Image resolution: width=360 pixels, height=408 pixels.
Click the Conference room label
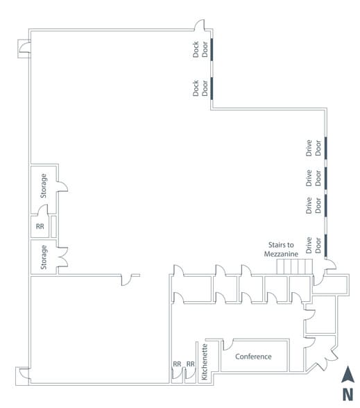coord(253,357)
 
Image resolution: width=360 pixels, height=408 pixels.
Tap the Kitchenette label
coord(205,362)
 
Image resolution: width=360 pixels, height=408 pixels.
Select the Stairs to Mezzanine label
coord(281,249)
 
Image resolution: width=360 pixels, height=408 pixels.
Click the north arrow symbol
coord(348,374)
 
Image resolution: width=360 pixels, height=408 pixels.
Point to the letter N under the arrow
coord(348,394)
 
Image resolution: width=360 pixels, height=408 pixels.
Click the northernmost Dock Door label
coord(200,49)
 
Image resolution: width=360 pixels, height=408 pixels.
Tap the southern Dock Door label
coord(200,88)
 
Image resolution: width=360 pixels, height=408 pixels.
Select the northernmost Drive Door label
coord(314,148)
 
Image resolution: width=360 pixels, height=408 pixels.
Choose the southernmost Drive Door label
coord(314,245)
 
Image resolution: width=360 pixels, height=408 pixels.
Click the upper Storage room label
coord(44,186)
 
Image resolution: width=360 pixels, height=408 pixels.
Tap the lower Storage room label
coord(44,257)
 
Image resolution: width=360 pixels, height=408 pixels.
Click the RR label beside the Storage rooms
coord(40,226)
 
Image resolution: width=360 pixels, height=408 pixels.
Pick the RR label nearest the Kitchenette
coord(190,364)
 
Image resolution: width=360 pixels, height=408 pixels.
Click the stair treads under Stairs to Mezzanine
coord(294,266)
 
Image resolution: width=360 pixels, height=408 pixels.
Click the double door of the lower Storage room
coord(62,257)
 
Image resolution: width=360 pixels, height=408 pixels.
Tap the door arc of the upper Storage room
coord(62,187)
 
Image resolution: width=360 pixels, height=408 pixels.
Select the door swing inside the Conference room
coord(228,344)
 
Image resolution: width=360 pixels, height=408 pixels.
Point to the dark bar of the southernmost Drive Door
coord(326,246)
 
